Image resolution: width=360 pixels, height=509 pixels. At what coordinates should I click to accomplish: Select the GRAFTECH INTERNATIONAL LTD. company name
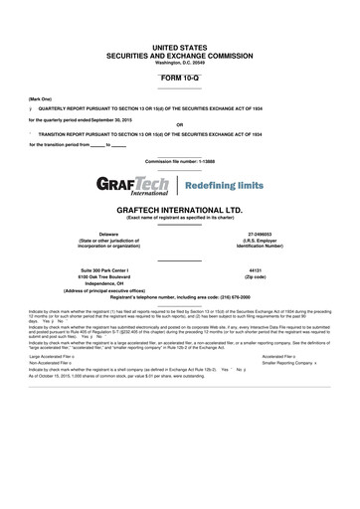pos(179,212)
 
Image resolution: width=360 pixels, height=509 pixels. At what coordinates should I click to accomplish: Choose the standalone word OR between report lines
pos(179,125)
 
